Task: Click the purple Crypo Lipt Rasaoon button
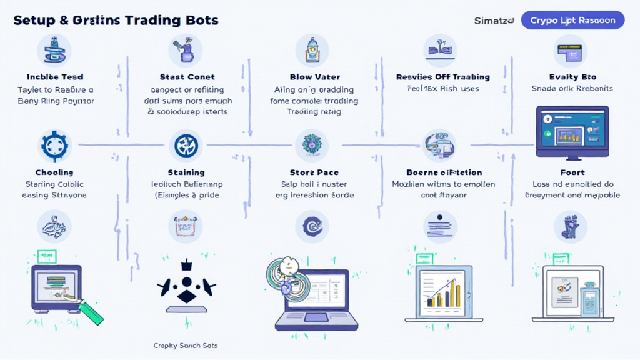click(x=572, y=20)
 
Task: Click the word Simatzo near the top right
click(x=494, y=21)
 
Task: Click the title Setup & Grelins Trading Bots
click(x=116, y=20)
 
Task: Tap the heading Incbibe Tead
click(x=56, y=77)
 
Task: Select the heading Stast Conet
click(x=187, y=77)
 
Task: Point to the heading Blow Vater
click(x=315, y=77)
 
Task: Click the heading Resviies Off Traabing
click(x=442, y=77)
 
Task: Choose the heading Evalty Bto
click(x=572, y=77)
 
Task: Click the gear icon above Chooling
click(x=55, y=146)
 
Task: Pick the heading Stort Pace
click(x=314, y=172)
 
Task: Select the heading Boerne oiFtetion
click(x=444, y=172)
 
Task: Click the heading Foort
click(x=572, y=172)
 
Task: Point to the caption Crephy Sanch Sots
click(x=186, y=345)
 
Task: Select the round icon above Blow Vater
click(x=314, y=49)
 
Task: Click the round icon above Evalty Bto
click(x=570, y=51)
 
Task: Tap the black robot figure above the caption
click(x=186, y=284)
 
